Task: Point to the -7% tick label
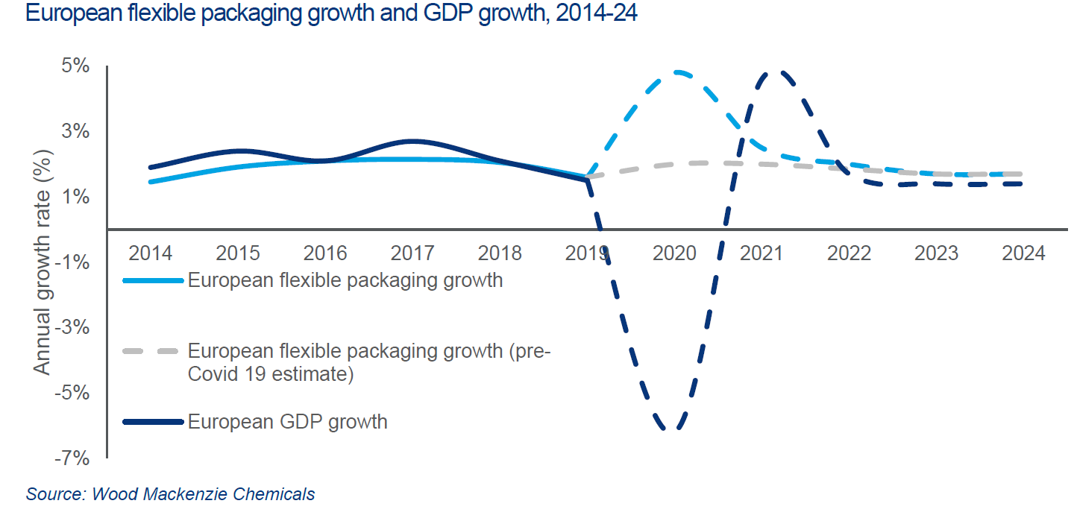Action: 75,458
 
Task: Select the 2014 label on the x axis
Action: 151,253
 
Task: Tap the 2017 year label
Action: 412,253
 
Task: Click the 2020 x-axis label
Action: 674,253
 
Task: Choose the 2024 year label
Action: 1023,253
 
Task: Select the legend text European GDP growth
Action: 287,422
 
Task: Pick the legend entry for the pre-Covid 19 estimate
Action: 368,362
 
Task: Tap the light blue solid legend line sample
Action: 152,281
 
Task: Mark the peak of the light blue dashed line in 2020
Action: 677,72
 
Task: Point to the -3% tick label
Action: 75,328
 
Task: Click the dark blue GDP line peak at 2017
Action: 412,141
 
